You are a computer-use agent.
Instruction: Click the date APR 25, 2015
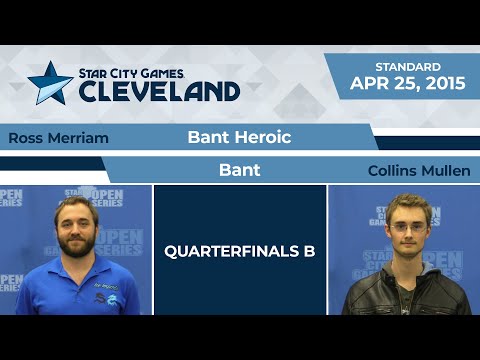[x=408, y=84]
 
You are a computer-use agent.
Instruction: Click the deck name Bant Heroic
[x=239, y=137]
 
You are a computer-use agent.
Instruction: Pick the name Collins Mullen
[x=418, y=171]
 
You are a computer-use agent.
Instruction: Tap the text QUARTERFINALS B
[x=240, y=251]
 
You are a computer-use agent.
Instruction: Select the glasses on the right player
[x=404, y=228]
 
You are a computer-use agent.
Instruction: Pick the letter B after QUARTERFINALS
[x=309, y=251]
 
